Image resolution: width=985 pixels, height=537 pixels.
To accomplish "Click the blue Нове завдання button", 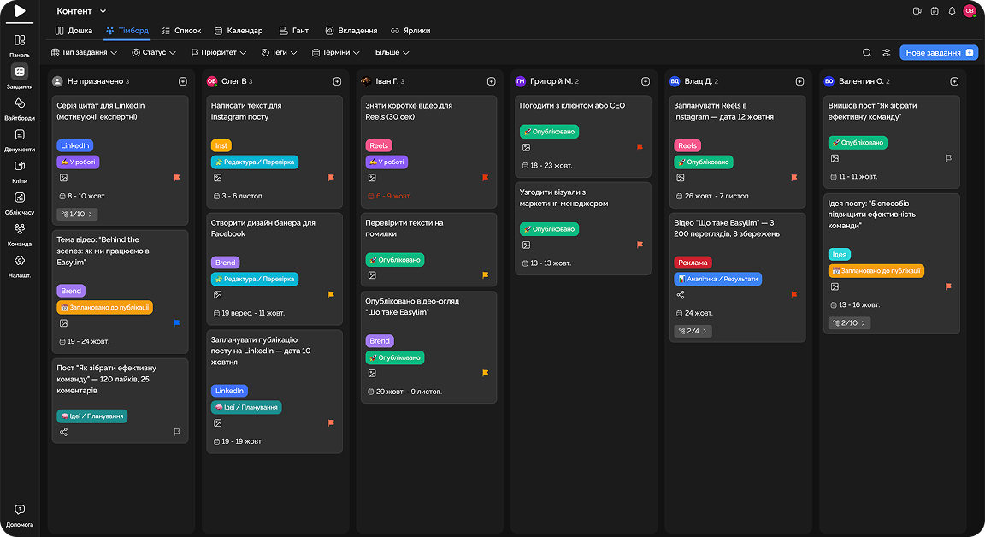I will pyautogui.click(x=938, y=53).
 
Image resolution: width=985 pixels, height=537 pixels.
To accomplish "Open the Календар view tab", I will pyautogui.click(x=239, y=31).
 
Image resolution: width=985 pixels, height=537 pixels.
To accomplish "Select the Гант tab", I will pyautogui.click(x=294, y=31).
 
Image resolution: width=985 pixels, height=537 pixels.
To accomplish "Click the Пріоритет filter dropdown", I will pyautogui.click(x=218, y=53).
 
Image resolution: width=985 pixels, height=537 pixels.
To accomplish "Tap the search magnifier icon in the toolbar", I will pyautogui.click(x=867, y=53).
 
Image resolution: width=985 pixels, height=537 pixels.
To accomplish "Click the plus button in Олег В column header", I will pyautogui.click(x=337, y=81).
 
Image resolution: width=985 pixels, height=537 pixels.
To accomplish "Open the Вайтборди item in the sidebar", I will pyautogui.click(x=20, y=108).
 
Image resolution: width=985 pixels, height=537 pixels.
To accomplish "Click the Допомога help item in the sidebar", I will pyautogui.click(x=20, y=515).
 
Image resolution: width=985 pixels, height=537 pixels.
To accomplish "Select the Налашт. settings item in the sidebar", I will pyautogui.click(x=20, y=265).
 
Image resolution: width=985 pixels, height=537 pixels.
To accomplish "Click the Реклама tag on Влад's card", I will pyautogui.click(x=693, y=263).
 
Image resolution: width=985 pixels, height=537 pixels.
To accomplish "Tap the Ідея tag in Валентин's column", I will pyautogui.click(x=840, y=255).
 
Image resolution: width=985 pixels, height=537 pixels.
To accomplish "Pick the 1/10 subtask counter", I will pyautogui.click(x=76, y=214).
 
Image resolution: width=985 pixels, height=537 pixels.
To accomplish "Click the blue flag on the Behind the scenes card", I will pyautogui.click(x=177, y=323).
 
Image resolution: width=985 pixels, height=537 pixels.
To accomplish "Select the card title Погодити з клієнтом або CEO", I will pyautogui.click(x=572, y=106).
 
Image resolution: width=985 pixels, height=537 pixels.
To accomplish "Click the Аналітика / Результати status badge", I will pyautogui.click(x=717, y=279).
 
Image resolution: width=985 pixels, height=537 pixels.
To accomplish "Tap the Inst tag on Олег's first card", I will pyautogui.click(x=221, y=145).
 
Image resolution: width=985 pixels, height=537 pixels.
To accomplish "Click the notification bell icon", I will pyautogui.click(x=952, y=11).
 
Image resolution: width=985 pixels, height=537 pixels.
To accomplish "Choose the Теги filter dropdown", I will pyautogui.click(x=279, y=53).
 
